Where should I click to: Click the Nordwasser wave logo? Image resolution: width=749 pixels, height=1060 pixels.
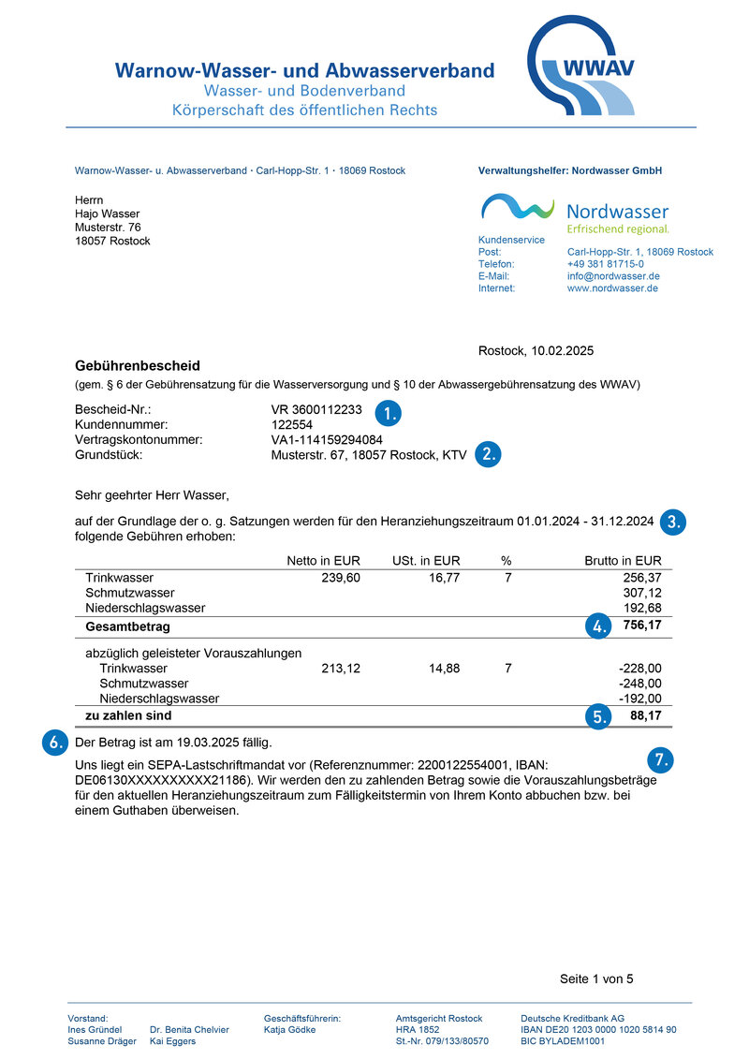tap(518, 207)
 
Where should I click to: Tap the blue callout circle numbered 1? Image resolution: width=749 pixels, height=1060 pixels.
tap(388, 412)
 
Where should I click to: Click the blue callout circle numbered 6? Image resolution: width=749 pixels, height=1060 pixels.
tap(56, 743)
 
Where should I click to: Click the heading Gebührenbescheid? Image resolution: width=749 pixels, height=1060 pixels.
tap(138, 365)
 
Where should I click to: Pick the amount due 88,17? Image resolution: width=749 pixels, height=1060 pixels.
tap(646, 716)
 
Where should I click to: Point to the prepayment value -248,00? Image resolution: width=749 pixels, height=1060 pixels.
tap(640, 684)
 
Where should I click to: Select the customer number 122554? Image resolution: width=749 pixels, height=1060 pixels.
tap(291, 425)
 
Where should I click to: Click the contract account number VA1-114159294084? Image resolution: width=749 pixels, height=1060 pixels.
tap(327, 440)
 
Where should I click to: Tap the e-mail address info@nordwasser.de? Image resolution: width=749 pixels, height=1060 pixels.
tap(613, 276)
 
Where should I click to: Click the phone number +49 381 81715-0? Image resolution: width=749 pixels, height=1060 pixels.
tap(605, 264)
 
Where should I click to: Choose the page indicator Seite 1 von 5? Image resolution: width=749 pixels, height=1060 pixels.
tap(596, 979)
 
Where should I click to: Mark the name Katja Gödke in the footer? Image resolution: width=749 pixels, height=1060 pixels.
tap(290, 1029)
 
